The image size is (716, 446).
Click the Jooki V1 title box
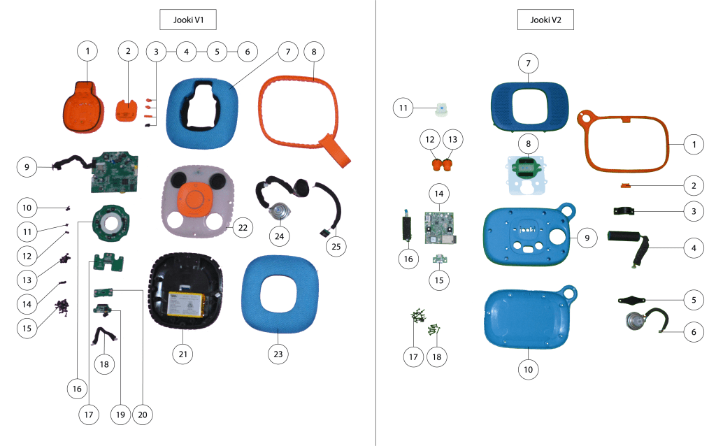coord(188,20)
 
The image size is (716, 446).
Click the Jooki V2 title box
coord(545,20)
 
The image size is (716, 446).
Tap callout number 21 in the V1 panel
coord(182,354)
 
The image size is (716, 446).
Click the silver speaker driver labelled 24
coord(280,212)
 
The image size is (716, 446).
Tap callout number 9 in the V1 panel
coord(26,167)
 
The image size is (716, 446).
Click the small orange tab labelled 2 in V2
coord(626,186)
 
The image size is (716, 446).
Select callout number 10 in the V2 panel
coord(529,369)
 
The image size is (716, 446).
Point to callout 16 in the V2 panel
coord(409,259)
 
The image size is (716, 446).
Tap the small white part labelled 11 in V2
coord(442,108)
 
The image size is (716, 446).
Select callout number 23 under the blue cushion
coord(278,354)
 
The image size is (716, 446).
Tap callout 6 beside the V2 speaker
coord(693,332)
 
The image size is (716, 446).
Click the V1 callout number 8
coord(314,51)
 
